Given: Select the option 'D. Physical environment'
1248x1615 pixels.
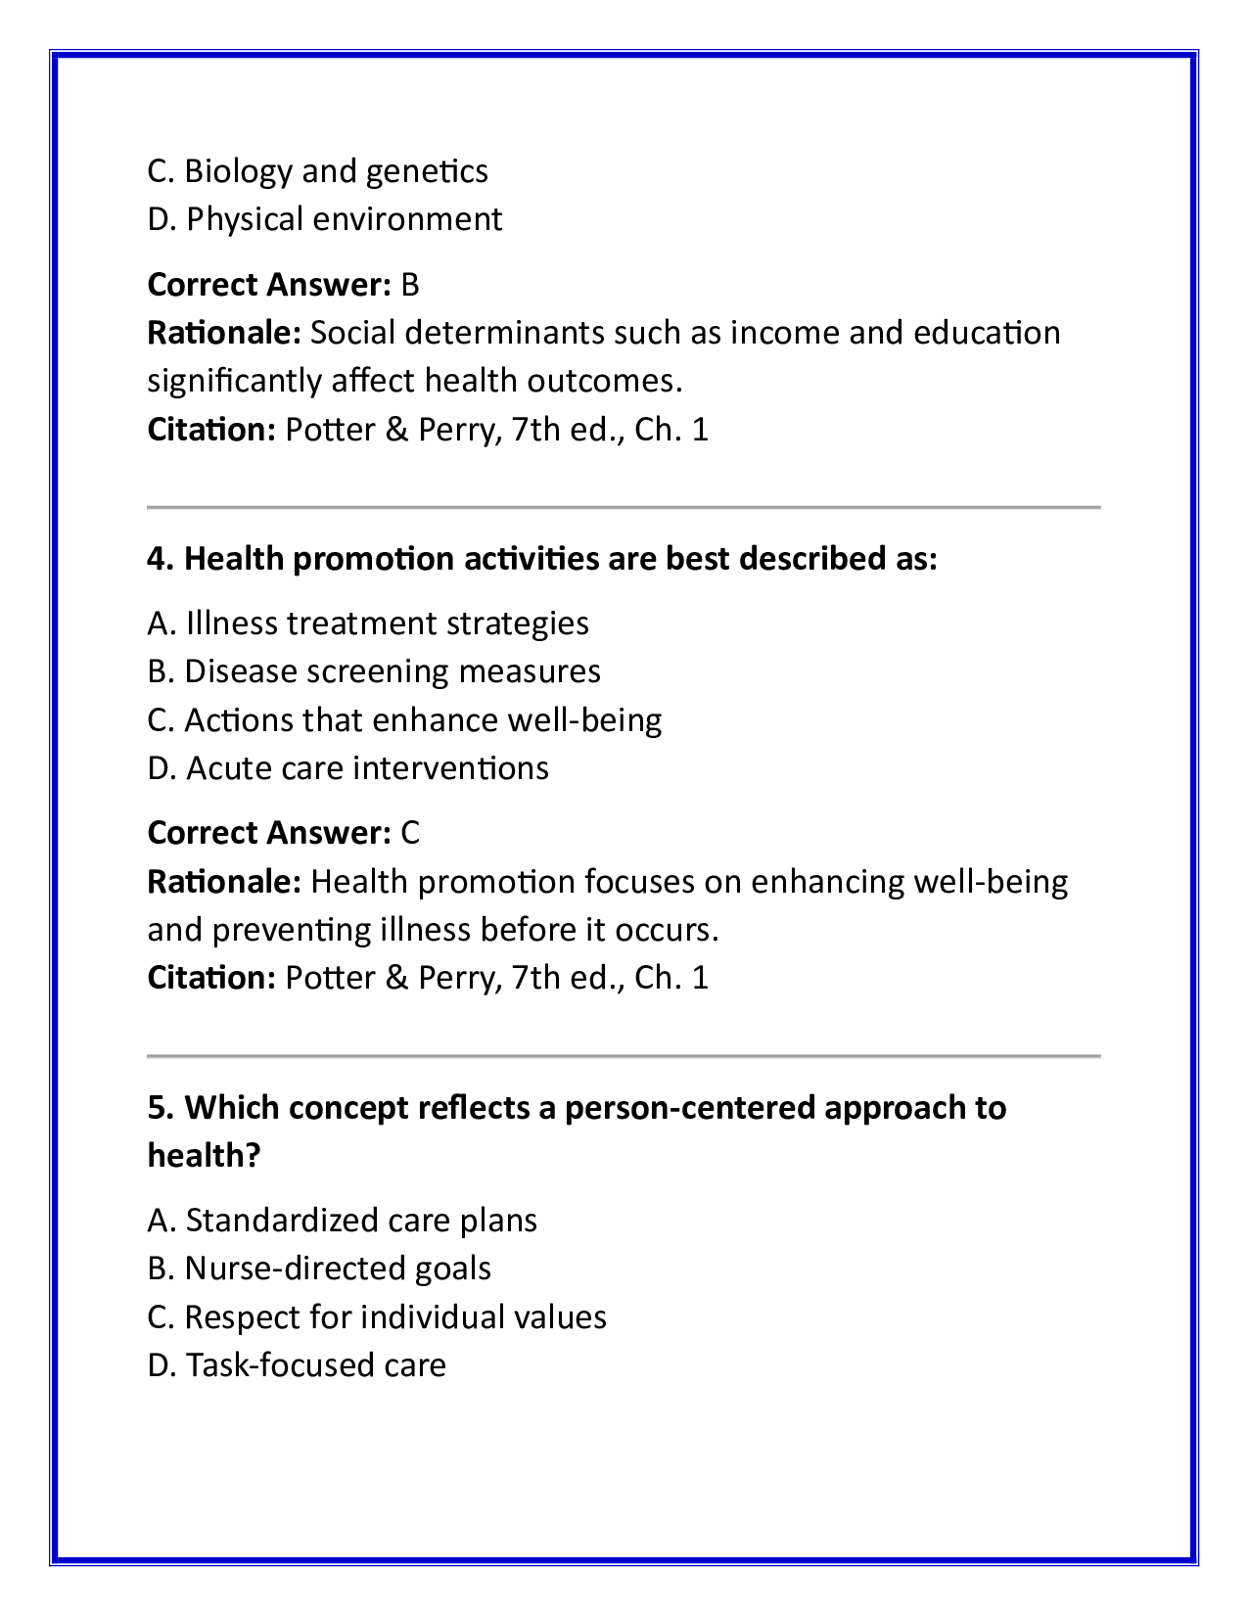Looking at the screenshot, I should [324, 219].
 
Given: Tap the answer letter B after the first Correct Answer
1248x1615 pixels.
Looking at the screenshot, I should [410, 285].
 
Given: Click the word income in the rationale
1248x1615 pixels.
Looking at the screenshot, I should [785, 333].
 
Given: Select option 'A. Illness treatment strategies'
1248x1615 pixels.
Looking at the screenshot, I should [368, 623].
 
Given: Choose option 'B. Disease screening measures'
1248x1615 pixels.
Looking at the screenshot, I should [374, 671].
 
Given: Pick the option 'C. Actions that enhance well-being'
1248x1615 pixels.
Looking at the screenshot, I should [404, 720].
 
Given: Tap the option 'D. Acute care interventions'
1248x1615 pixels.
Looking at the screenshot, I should [347, 768].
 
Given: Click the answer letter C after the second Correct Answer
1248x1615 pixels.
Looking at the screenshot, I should [410, 833].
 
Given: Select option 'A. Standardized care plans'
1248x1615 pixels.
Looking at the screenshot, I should [342, 1221].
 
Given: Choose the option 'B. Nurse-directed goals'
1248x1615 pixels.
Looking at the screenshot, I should [319, 1269].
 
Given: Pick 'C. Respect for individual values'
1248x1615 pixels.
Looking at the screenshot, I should [377, 1317].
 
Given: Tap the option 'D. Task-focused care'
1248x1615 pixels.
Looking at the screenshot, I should [297, 1365].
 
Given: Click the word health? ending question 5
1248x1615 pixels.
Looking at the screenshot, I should [204, 1156].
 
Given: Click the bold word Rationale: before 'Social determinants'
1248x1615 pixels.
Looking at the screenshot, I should [224, 333].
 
